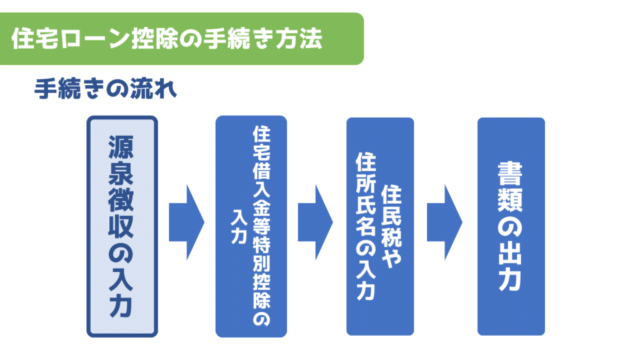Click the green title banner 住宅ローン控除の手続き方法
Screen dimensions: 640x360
coord(182,39)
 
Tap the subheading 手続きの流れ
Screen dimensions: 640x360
coord(105,89)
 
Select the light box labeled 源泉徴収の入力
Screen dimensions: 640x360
coord(122,226)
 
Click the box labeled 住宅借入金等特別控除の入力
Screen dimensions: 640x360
coord(251,226)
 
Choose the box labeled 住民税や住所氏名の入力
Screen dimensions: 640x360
coord(380,226)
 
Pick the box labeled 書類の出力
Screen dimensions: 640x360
coord(511,226)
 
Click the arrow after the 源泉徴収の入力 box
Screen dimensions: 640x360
coord(186,222)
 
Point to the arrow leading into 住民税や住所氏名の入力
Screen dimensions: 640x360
coord(316,222)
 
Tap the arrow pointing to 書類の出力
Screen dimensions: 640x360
coord(444,222)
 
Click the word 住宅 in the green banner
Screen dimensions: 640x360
coord(35,39)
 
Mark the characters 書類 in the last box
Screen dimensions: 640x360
coord(510,187)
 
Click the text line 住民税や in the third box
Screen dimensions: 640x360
coord(391,227)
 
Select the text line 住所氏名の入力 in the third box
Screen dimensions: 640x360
coord(366,226)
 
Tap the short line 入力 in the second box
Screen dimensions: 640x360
coord(239,227)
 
